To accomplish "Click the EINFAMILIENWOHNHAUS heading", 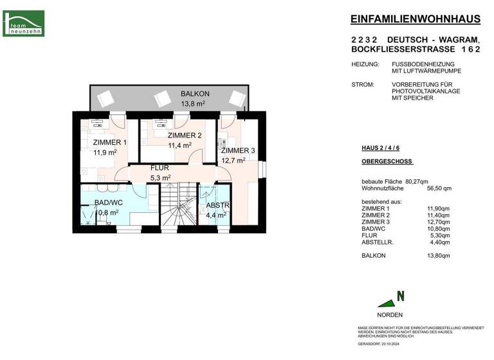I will (416, 19).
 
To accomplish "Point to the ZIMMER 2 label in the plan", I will (185, 136).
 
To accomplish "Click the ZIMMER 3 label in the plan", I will (237, 150).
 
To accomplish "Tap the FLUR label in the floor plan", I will (160, 168).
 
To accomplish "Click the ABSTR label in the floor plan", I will (217, 206).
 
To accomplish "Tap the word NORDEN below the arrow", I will (390, 315).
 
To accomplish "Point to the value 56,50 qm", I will (439, 188).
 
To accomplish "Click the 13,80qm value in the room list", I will (439, 255).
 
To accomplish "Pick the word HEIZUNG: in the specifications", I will (365, 64).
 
